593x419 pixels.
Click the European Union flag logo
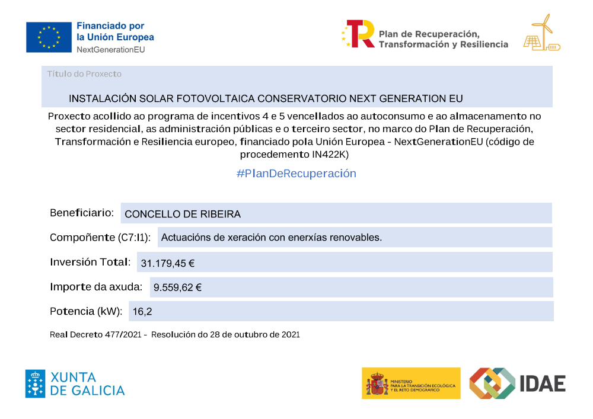[48, 37]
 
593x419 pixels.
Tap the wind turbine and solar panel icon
[541, 33]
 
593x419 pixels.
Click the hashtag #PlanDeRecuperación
[296, 174]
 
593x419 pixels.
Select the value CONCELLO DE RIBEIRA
[183, 214]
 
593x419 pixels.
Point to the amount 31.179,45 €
[168, 263]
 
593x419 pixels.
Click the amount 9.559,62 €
[177, 287]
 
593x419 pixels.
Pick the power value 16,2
[138, 311]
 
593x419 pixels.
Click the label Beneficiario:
[82, 213]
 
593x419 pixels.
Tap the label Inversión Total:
[90, 262]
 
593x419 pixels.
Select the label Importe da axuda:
[96, 287]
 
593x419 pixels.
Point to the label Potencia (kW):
[86, 311]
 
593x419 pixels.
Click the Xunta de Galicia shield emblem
[35, 383]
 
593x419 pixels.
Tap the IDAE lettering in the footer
[543, 383]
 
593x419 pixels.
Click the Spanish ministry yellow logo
[411, 383]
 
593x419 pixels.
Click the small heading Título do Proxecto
[84, 74]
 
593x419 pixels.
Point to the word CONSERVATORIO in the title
[302, 98]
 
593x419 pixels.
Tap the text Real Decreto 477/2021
[95, 335]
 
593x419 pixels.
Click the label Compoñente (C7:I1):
[100, 238]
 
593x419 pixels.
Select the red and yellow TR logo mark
[360, 34]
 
